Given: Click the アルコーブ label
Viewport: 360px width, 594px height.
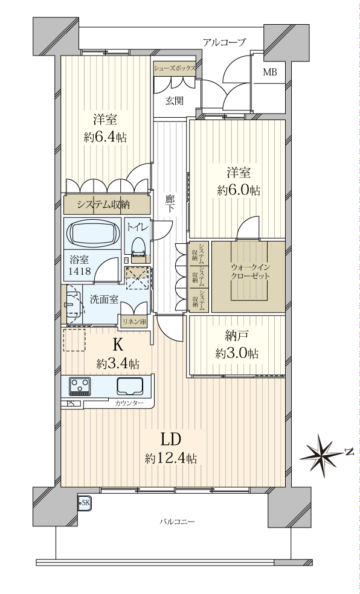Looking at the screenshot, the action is (224, 42).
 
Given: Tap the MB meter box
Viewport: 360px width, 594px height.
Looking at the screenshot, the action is (270, 72).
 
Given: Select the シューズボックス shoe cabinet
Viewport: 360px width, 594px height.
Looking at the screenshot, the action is (175, 68).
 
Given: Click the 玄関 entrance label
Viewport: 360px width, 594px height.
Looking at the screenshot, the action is (175, 101).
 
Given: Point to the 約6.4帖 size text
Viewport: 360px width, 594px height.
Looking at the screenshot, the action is (105, 137).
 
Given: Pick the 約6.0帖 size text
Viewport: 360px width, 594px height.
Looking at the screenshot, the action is (239, 190).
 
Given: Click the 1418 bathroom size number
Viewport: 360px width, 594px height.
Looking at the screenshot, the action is (80, 271).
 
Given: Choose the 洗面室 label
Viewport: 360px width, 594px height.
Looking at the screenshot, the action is (104, 299).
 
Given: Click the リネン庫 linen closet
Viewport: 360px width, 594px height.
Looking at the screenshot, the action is (133, 321).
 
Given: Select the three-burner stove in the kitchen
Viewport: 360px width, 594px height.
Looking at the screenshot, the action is (80, 386).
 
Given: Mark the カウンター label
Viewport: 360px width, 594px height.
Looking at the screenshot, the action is (129, 403).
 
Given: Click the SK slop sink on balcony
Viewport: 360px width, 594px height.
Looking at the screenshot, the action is (84, 503).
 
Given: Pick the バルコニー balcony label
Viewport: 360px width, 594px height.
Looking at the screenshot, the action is (176, 522).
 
